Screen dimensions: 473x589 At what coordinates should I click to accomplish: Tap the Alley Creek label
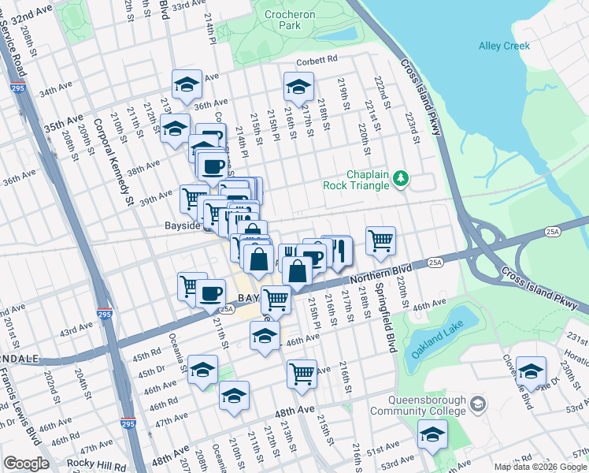pos(504,46)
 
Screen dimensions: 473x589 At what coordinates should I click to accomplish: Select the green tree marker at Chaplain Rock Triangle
pos(402,178)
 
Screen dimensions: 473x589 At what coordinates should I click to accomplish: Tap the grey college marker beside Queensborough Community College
pos(477,405)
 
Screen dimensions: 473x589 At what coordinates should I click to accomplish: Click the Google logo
pos(26,464)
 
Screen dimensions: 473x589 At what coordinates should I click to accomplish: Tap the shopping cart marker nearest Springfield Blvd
pos(380,240)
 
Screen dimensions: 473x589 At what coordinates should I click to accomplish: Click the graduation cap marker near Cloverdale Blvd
pos(532,371)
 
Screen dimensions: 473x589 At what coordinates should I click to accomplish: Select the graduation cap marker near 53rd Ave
pos(432,434)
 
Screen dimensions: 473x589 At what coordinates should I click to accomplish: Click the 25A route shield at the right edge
pos(550,232)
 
